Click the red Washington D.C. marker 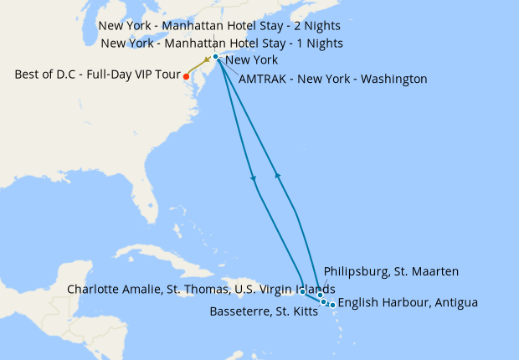click(186, 76)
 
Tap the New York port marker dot click(215, 57)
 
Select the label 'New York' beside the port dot click(252, 60)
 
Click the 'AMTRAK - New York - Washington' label click(333, 80)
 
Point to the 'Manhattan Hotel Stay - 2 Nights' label click(219, 26)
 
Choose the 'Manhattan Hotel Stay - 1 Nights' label click(221, 43)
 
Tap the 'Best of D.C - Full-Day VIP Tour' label click(95, 75)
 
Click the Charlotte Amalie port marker click(302, 292)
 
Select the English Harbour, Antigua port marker click(333, 305)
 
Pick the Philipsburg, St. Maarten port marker click(321, 296)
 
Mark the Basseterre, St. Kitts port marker click(324, 301)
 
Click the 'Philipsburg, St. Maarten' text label click(391, 271)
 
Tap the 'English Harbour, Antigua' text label click(409, 302)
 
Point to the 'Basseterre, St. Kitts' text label click(262, 312)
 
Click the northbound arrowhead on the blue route click(277, 173)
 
